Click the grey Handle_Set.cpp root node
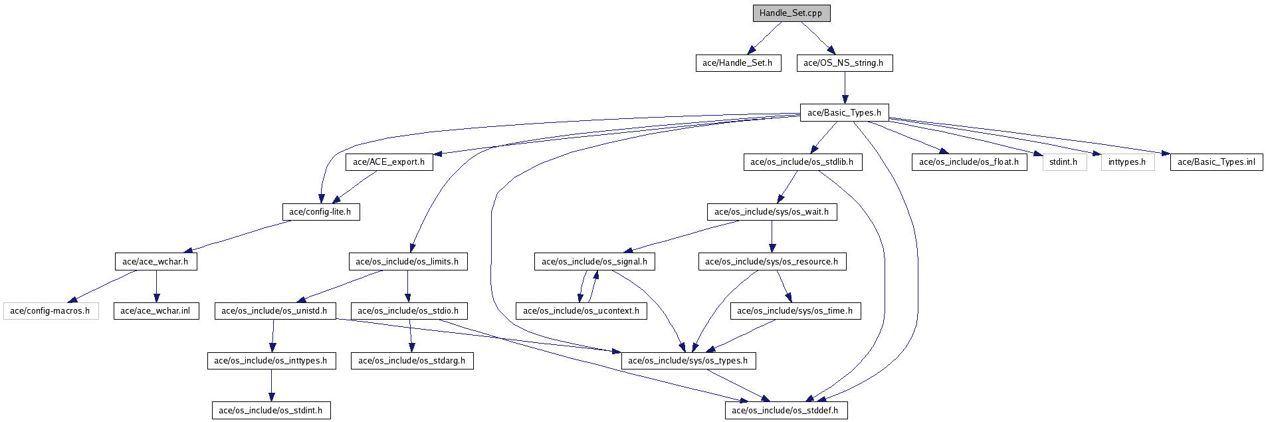pyautogui.click(x=791, y=13)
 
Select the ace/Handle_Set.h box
pyautogui.click(x=738, y=63)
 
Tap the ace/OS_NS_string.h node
pyautogui.click(x=844, y=63)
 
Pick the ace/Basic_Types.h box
pyautogui.click(x=845, y=112)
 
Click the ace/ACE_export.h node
pyautogui.click(x=389, y=161)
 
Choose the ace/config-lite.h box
pyautogui.click(x=320, y=212)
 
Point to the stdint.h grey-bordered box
pyautogui.click(x=1064, y=161)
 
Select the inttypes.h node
pyautogui.click(x=1127, y=161)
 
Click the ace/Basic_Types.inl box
pyautogui.click(x=1216, y=161)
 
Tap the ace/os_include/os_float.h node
pyautogui.click(x=969, y=161)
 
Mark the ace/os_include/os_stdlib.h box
pyautogui.click(x=802, y=161)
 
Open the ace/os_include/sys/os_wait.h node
pyautogui.click(x=772, y=212)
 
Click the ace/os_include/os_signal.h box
pyautogui.click(x=595, y=261)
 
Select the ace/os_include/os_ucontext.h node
pyautogui.click(x=581, y=310)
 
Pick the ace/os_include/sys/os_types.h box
pyautogui.click(x=688, y=361)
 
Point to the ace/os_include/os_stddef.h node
pyautogui.click(x=786, y=410)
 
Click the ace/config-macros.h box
pyautogui.click(x=51, y=310)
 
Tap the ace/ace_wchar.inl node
pyautogui.click(x=156, y=310)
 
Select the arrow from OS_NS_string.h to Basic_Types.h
pyautogui.click(x=844, y=88)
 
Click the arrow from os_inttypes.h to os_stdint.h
pyautogui.click(x=271, y=385)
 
